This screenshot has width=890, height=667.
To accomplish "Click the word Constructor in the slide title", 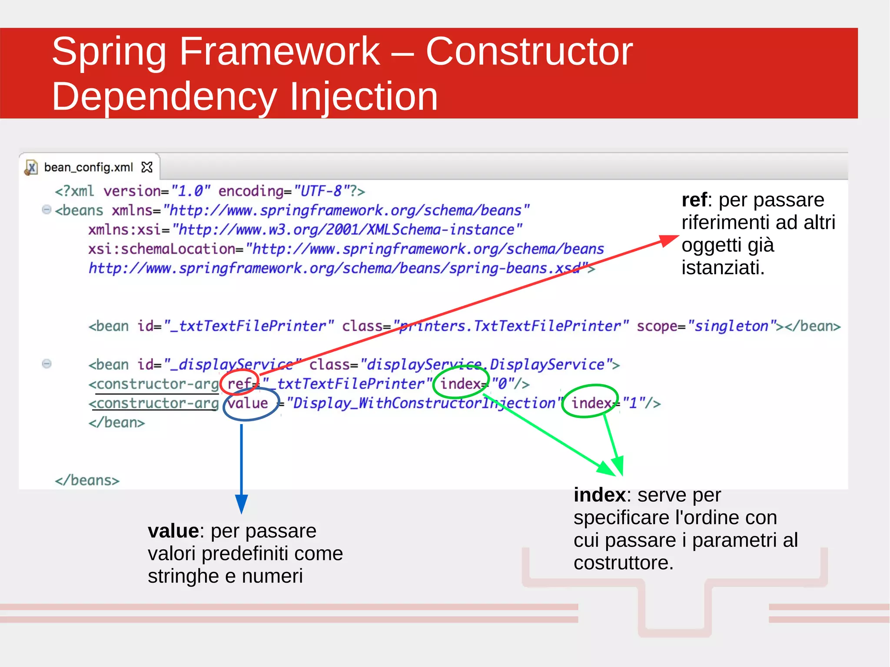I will (x=529, y=52).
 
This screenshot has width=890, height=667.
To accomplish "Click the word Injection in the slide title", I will (x=363, y=96).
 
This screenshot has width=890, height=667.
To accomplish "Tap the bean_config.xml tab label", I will (x=88, y=167).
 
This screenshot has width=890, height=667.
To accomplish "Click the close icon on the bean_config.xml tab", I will (x=147, y=167).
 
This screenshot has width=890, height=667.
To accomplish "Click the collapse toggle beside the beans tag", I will (x=46, y=210).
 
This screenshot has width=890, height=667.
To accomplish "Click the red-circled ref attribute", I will (x=240, y=383).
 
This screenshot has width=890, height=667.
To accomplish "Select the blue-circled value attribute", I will (x=248, y=403).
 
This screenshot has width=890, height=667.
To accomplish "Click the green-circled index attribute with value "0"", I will (x=461, y=383).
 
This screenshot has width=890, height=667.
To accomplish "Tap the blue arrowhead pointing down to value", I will (x=242, y=504).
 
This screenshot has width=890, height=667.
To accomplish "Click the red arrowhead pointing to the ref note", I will (x=668, y=240).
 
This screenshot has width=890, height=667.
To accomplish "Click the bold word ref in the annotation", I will (x=694, y=200).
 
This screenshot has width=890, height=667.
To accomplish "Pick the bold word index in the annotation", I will (x=599, y=495).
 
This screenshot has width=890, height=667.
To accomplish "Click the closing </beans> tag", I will (x=87, y=481).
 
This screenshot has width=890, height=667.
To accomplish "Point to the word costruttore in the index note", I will (x=623, y=563).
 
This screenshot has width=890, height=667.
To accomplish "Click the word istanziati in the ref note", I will (x=722, y=268).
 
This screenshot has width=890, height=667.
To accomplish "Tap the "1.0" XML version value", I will (x=190, y=191).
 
